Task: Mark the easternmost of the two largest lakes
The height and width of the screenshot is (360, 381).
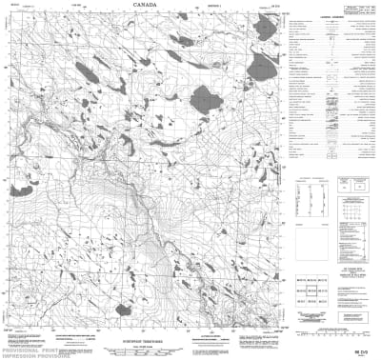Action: point(258,67)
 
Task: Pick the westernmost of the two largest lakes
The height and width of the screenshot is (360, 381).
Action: point(204,96)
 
